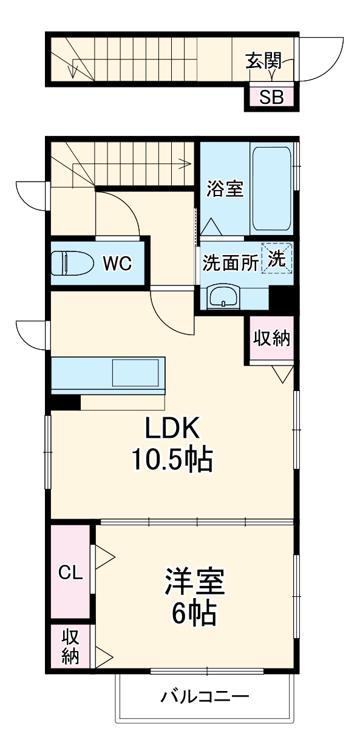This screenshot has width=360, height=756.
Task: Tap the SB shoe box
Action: (271, 97)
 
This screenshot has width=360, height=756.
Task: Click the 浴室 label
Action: (225, 189)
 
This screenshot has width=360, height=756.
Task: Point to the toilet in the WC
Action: (72, 264)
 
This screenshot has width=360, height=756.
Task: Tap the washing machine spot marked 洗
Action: (277, 258)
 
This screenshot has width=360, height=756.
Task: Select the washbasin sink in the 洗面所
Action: (224, 298)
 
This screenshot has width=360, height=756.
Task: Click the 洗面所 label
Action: (230, 262)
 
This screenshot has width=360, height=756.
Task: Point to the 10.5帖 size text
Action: (172, 461)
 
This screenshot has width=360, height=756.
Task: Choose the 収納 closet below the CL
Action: (70, 647)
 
